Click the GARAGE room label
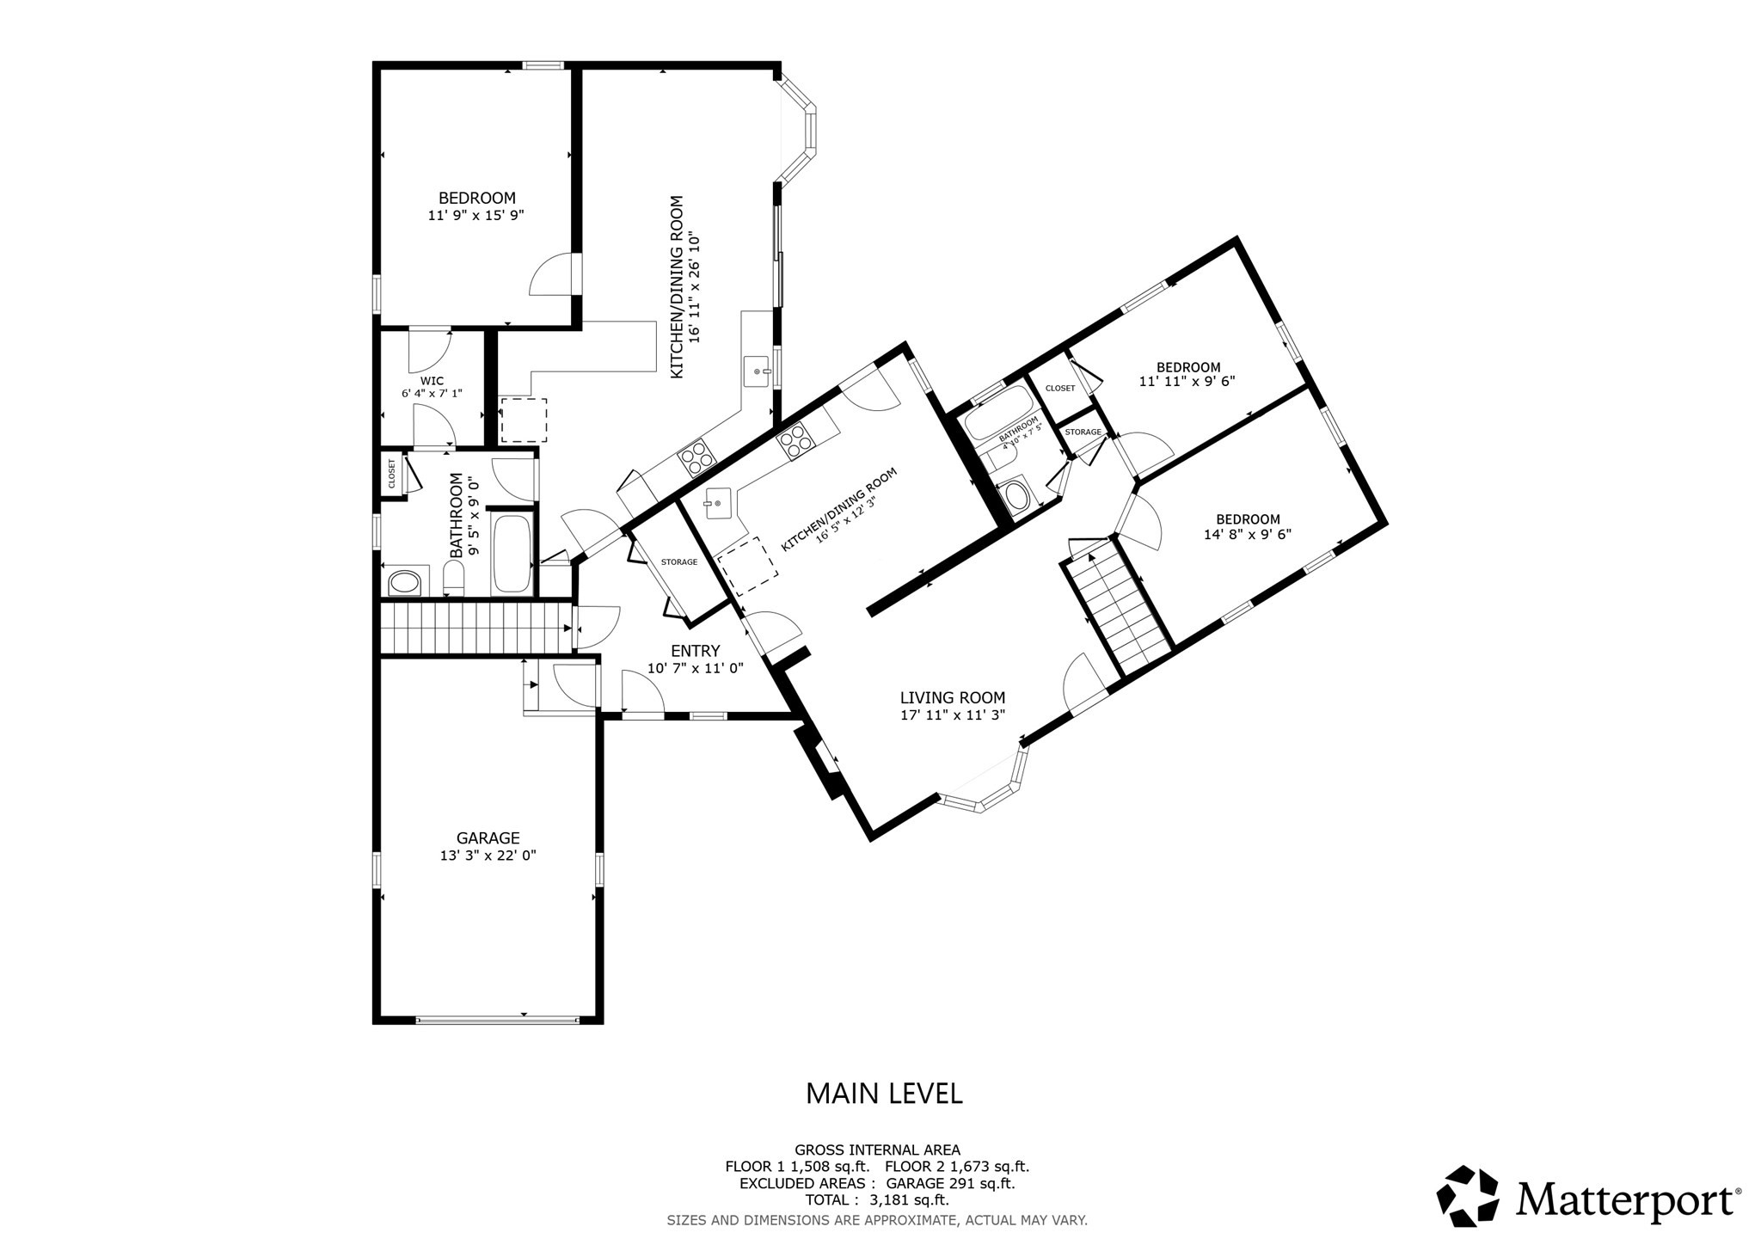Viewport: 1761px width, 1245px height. coord(488,838)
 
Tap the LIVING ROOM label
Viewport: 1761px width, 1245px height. coord(952,698)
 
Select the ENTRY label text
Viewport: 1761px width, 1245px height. coord(695,651)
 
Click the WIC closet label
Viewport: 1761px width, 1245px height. coord(432,381)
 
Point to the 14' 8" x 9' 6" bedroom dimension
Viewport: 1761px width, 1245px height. coord(1248,534)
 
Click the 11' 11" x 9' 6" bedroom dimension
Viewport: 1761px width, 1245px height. coord(1187,381)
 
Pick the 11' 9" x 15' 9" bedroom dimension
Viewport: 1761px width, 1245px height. coord(476,216)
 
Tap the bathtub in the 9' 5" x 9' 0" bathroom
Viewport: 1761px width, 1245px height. coord(513,555)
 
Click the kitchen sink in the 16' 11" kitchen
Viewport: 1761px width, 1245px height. coord(757,371)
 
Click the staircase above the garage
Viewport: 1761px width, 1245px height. coord(476,628)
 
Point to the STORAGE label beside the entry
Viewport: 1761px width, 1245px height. coord(678,562)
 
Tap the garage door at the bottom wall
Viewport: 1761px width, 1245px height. coord(496,1020)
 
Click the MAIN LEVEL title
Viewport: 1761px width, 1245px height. coord(883,1093)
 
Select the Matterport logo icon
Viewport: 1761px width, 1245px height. coord(1468,1196)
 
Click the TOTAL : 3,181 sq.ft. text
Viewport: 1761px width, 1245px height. coord(876,1200)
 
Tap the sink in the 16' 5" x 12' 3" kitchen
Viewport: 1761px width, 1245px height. coord(717,503)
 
